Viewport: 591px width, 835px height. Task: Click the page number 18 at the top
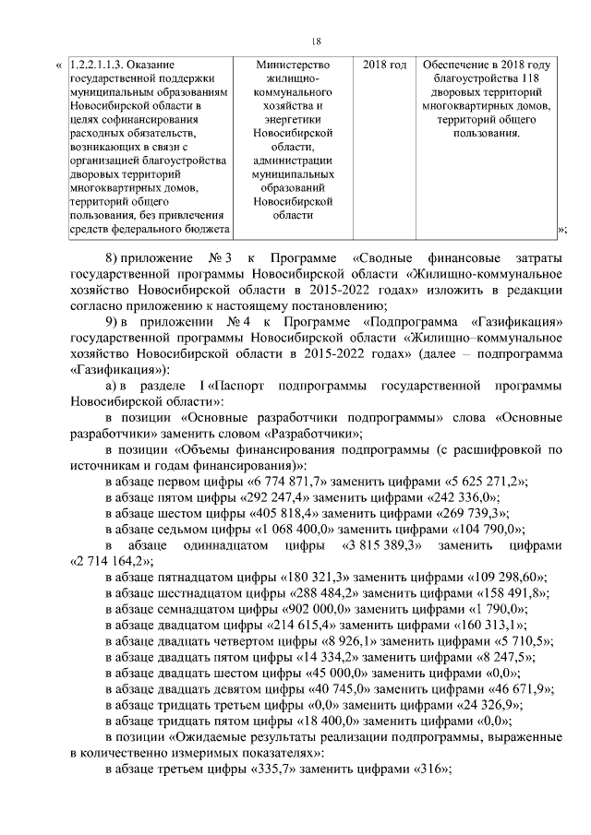pyautogui.click(x=315, y=42)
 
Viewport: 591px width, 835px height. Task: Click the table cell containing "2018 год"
pyautogui.click(x=384, y=66)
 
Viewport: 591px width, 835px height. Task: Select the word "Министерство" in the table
pyautogui.click(x=294, y=66)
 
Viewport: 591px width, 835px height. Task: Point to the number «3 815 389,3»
pyautogui.click(x=381, y=545)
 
